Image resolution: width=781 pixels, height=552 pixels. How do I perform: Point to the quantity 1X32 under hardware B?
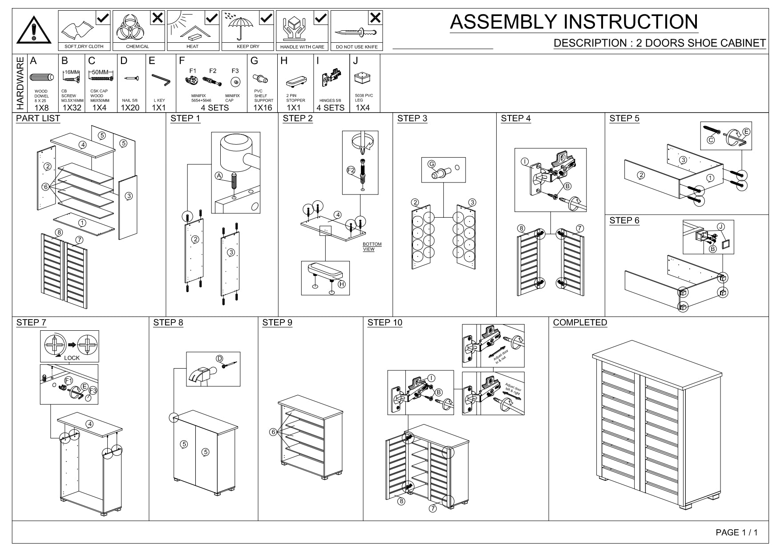pyautogui.click(x=72, y=108)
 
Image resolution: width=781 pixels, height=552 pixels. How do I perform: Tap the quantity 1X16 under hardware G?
pyautogui.click(x=263, y=108)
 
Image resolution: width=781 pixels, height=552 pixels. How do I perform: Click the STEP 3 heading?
pyautogui.click(x=412, y=118)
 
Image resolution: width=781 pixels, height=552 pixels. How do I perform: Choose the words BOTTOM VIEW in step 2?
pyautogui.click(x=372, y=247)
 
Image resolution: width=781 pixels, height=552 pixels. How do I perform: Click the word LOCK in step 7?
pyautogui.click(x=72, y=358)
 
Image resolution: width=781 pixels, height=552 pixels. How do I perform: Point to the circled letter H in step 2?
pyautogui.click(x=342, y=284)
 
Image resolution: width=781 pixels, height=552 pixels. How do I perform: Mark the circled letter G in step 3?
pyautogui.click(x=431, y=164)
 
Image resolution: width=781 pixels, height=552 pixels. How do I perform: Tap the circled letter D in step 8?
pyautogui.click(x=219, y=359)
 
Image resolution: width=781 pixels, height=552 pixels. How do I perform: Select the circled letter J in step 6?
pyautogui.click(x=721, y=227)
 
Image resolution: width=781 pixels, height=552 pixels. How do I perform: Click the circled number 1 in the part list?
pyautogui.click(x=82, y=223)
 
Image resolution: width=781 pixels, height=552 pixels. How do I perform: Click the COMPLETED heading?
pyautogui.click(x=580, y=323)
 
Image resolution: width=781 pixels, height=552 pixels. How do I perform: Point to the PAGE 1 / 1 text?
pyautogui.click(x=736, y=532)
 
